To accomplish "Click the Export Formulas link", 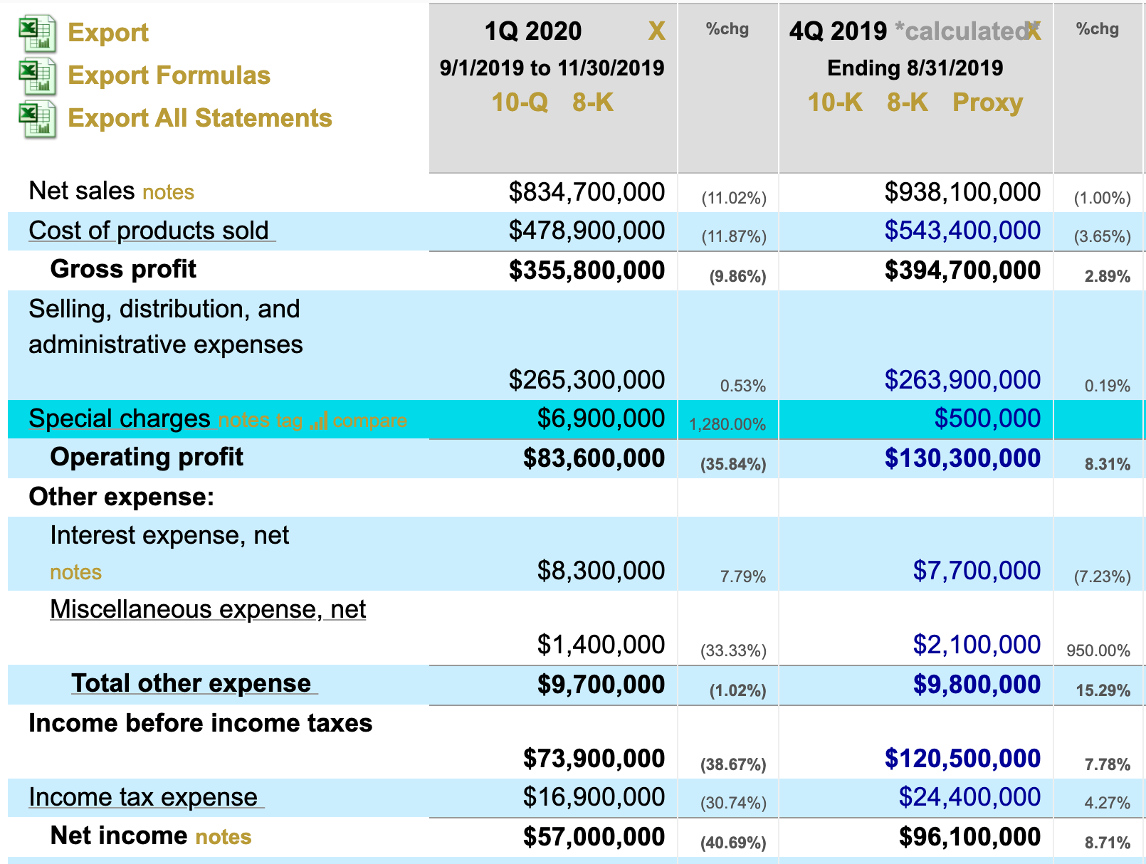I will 169,75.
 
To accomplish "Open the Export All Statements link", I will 199,118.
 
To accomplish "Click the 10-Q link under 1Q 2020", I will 520,102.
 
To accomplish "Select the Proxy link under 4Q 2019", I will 987,102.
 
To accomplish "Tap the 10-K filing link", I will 835,102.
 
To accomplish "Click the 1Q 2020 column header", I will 532,31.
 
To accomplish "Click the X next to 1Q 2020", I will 656,31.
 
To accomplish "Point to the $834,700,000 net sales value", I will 587,192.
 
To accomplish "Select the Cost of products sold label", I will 149,231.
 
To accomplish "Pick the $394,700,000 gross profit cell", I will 962,270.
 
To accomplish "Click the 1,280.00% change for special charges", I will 727,425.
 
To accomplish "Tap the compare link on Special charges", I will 369,421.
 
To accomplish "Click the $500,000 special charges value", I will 987,418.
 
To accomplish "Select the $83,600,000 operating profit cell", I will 594,458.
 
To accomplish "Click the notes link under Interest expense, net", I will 75,572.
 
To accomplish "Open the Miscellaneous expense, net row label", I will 208,609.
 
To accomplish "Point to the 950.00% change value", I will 1098,650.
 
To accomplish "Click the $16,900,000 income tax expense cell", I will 594,797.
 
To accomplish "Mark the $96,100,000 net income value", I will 969,837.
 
